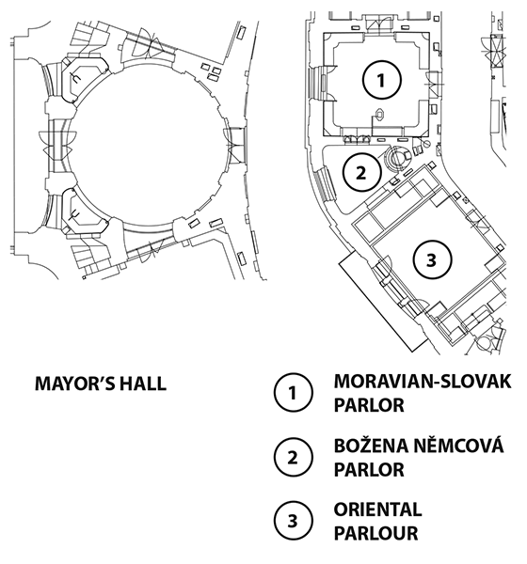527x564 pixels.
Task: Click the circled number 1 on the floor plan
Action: (x=381, y=80)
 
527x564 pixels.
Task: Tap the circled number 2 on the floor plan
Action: (x=361, y=173)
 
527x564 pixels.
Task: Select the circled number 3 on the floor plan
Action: (x=432, y=259)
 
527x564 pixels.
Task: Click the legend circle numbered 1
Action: (x=293, y=393)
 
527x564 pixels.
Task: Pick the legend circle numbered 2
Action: (x=293, y=457)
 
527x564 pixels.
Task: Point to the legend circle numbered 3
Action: (x=293, y=521)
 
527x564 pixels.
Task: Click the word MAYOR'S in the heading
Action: (x=74, y=384)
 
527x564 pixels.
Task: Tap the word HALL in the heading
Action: (x=143, y=384)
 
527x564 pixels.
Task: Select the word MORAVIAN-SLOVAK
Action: (x=423, y=382)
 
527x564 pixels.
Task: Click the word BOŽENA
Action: (x=372, y=445)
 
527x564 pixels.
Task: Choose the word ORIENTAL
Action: (x=377, y=509)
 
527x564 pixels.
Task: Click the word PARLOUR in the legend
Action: (x=375, y=533)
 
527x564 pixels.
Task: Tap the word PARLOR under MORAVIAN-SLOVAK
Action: (x=369, y=405)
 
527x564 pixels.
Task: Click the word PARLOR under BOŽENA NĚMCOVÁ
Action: (x=369, y=469)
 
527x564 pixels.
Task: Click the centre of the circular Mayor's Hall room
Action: (x=147, y=145)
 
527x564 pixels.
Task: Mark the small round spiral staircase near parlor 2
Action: (x=398, y=158)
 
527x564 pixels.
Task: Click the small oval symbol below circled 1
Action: (x=380, y=115)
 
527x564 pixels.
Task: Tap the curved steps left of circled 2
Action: (x=327, y=185)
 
